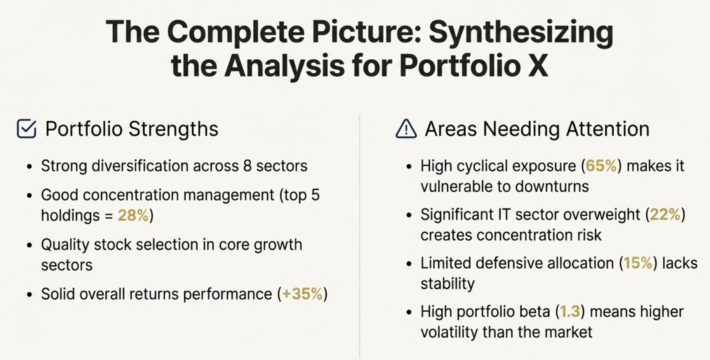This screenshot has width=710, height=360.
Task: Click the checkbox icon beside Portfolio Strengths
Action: click(26, 129)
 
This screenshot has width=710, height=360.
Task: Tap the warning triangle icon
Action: click(406, 129)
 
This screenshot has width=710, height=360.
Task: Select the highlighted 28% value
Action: click(133, 215)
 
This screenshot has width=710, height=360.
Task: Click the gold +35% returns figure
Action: click(302, 294)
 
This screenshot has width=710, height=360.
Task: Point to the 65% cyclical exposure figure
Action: click(601, 166)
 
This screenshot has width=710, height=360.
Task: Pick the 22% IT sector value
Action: click(665, 214)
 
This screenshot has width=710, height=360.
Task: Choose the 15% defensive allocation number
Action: click(638, 263)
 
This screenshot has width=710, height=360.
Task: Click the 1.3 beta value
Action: click(570, 312)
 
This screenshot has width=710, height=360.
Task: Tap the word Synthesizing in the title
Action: click(521, 32)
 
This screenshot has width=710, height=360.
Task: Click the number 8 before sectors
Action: click(247, 166)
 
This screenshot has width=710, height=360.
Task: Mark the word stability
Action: click(447, 284)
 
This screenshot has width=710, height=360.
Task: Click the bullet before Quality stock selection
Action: click(29, 245)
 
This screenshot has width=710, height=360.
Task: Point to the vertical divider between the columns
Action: click(360, 236)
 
